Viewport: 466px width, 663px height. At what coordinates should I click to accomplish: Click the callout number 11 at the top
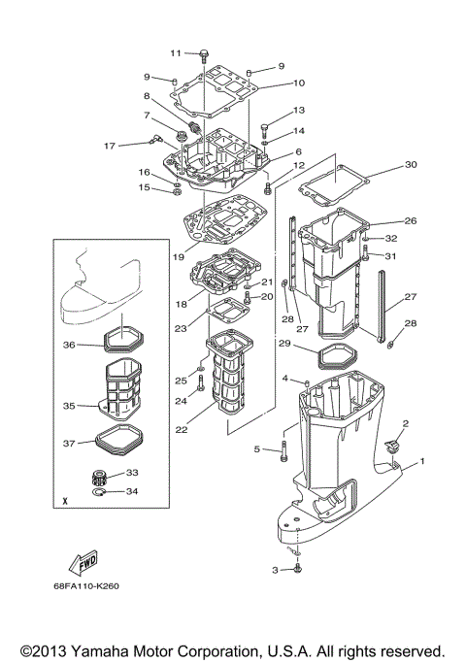(176, 52)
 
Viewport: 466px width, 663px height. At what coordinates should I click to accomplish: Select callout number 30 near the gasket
(410, 164)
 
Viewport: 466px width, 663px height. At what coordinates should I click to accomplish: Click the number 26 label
(410, 220)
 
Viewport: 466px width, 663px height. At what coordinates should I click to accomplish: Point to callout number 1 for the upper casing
(421, 463)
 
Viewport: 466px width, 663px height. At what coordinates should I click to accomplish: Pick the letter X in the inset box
(63, 502)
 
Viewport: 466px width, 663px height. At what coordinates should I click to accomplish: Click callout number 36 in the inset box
(69, 344)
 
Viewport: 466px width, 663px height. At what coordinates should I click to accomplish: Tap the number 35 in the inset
(69, 407)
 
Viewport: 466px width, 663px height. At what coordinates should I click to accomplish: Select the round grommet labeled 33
(99, 476)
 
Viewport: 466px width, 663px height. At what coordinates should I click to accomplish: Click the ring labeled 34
(99, 493)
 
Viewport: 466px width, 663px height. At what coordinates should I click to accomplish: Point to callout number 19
(179, 257)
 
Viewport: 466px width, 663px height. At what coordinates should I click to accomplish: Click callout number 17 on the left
(110, 146)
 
